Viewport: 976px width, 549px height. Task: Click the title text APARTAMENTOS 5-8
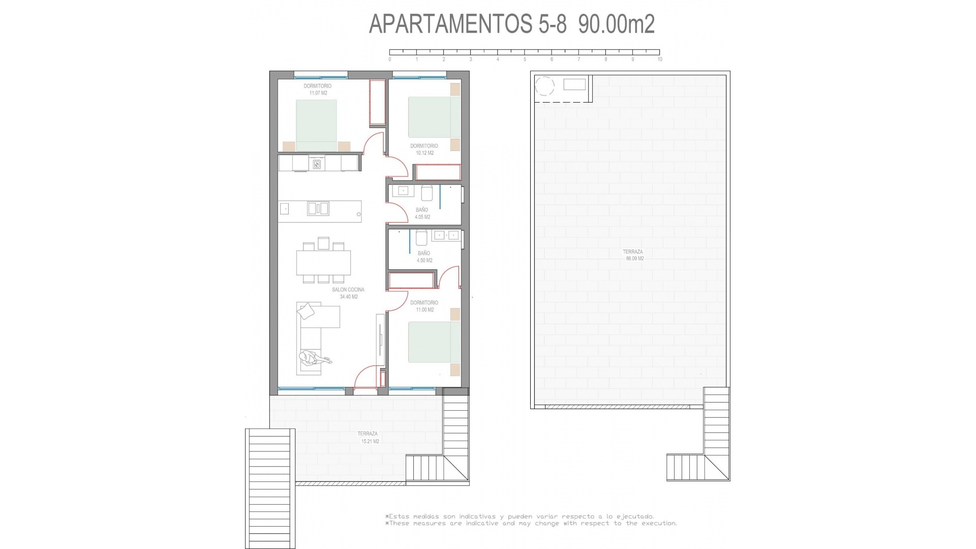tap(467, 24)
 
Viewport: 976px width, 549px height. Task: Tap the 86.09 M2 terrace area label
tap(634, 258)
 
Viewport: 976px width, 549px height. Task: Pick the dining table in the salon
tap(323, 263)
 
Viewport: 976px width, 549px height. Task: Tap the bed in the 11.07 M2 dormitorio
tap(316, 125)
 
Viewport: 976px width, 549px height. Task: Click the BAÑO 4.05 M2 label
tap(422, 213)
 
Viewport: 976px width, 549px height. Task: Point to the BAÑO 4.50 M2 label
tap(424, 257)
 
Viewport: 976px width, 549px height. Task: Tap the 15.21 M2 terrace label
tap(369, 438)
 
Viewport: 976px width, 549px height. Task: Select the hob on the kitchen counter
tap(317, 164)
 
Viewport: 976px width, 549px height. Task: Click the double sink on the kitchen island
tap(318, 208)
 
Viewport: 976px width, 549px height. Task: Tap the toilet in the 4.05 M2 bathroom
tap(426, 193)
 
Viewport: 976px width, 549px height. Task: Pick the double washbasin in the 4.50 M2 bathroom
tap(445, 235)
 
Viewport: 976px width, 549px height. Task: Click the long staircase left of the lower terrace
tap(270, 488)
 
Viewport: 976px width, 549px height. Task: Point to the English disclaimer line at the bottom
tap(531, 523)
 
